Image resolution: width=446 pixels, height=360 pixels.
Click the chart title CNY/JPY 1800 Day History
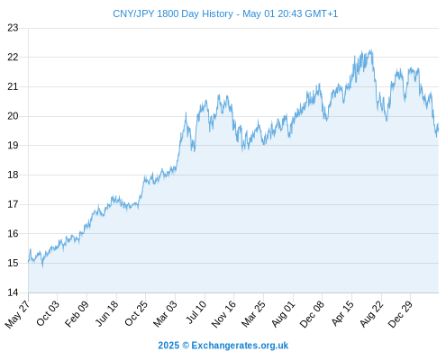pyautogui.click(x=173, y=13)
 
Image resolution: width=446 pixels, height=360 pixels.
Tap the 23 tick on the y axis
pyautogui.click(x=13, y=28)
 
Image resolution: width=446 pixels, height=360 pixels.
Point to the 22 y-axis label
pyautogui.click(x=13, y=57)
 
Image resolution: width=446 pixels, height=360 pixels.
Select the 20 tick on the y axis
pyautogui.click(x=13, y=116)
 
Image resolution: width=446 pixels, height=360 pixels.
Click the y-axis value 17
pyautogui.click(x=13, y=204)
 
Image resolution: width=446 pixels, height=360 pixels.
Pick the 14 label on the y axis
pyautogui.click(x=13, y=292)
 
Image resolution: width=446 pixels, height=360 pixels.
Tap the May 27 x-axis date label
pyautogui.click(x=18, y=314)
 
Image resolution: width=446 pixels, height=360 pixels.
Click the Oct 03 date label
pyautogui.click(x=48, y=313)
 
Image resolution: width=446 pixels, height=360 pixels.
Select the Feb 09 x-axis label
pyautogui.click(x=77, y=313)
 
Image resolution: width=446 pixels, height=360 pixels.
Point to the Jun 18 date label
pyautogui.click(x=106, y=313)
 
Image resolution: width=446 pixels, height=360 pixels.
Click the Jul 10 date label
pyautogui.click(x=196, y=312)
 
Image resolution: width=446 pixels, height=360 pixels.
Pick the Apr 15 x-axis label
pyautogui.click(x=342, y=313)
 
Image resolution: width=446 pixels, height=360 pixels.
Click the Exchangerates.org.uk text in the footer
pyautogui.click(x=240, y=346)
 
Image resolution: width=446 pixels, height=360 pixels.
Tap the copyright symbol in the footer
pyautogui.click(x=186, y=346)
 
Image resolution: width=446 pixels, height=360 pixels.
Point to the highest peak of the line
pyautogui.click(x=371, y=49)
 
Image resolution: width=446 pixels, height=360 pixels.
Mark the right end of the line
pyautogui.click(x=438, y=123)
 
